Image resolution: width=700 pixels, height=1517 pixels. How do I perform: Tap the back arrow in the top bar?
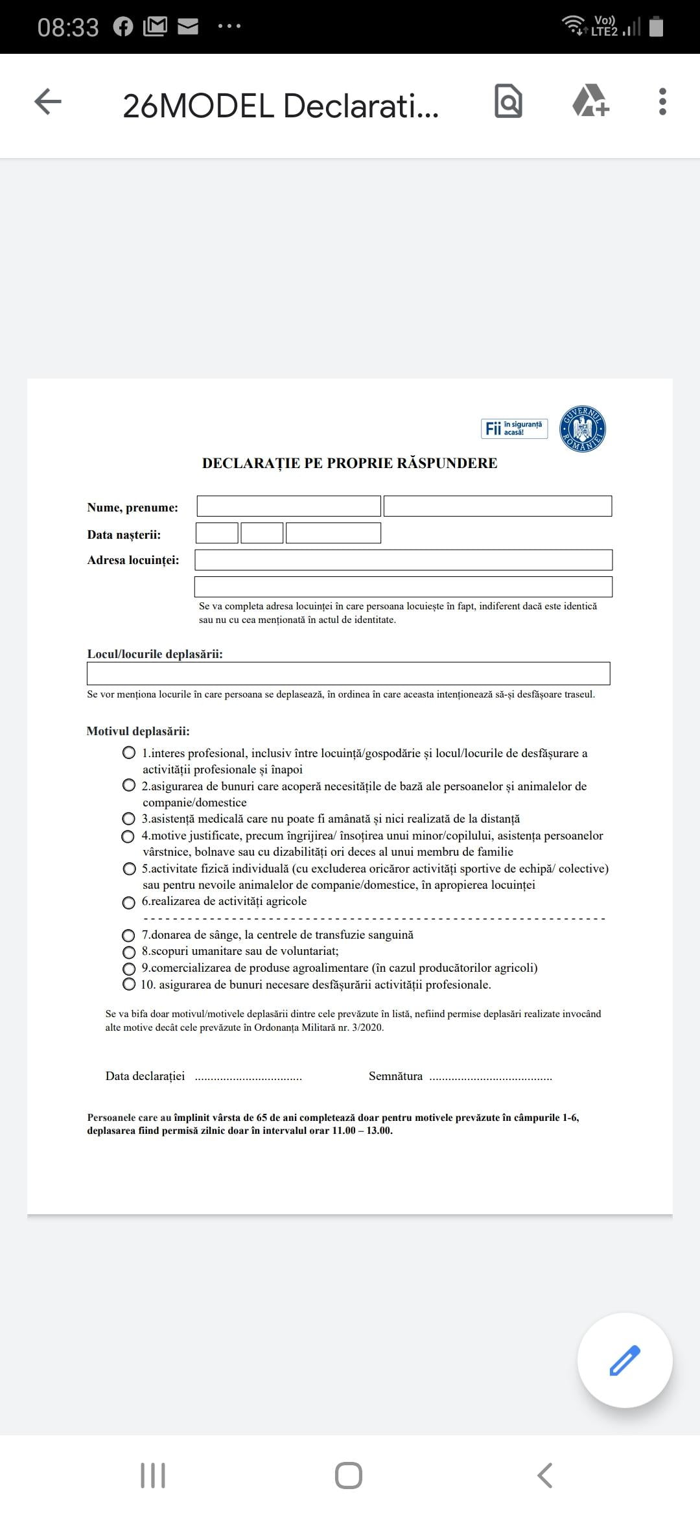48,102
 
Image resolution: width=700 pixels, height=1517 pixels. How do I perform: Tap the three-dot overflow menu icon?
662,102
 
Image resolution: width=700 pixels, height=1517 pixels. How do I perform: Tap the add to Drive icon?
590,101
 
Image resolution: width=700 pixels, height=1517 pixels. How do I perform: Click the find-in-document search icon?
508,101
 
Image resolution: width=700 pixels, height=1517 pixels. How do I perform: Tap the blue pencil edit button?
625,1360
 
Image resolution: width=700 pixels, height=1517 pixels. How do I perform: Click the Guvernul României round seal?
582,429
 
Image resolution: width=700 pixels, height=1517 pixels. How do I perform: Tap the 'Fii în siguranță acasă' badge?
514,429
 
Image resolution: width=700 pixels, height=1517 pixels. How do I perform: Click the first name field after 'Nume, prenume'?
288,506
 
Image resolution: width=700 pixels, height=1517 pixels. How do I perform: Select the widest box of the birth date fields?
333,533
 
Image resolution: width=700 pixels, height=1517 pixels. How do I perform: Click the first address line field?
403,560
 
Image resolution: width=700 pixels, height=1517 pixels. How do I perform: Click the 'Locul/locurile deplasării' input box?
348,674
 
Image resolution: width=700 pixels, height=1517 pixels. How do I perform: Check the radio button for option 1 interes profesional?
129,753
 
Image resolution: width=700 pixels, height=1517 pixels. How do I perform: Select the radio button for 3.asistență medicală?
129,819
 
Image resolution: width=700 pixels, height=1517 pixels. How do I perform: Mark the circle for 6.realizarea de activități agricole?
129,902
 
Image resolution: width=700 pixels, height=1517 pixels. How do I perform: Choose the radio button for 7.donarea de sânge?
129,935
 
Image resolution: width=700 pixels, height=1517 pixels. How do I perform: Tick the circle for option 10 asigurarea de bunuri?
129,985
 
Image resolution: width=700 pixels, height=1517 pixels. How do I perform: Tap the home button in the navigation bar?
349,1476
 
